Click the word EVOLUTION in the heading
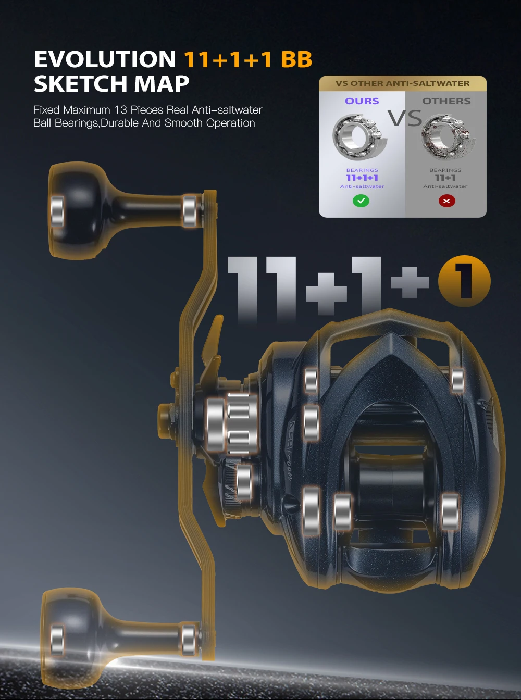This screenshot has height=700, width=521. pos(105,59)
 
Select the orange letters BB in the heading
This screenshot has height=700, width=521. pos(296,59)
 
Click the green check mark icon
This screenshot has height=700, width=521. pos(361,201)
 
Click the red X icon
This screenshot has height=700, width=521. pos(446,201)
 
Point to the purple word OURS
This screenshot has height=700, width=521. pos(362,101)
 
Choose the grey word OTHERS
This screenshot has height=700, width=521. pos(446,101)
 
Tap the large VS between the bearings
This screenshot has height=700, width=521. pos(405,118)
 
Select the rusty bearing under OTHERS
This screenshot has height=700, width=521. pos(448,136)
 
